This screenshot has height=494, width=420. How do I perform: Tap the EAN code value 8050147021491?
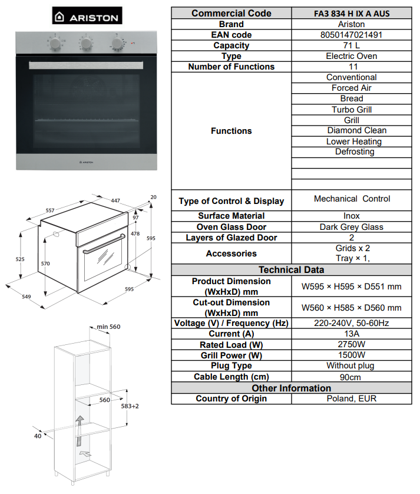352,35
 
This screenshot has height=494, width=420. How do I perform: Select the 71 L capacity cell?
352,45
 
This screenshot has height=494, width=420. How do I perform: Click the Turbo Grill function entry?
352,109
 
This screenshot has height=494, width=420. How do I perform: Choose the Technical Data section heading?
291,270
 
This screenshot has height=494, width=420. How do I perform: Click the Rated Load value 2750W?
352,344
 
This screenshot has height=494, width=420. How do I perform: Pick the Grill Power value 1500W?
352,355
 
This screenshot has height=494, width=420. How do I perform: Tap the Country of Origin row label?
231,399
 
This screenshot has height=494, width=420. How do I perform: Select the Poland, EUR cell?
352,399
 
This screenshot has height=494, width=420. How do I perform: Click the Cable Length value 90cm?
352,377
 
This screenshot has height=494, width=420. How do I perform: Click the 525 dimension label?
19,259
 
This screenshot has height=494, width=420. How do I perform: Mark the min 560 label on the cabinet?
108,327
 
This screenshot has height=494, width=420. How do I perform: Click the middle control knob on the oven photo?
87,44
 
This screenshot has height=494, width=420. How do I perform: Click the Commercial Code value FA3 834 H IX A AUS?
352,14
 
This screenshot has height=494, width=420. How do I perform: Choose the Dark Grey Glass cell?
352,227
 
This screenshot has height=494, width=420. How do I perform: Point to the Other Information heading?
291,388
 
